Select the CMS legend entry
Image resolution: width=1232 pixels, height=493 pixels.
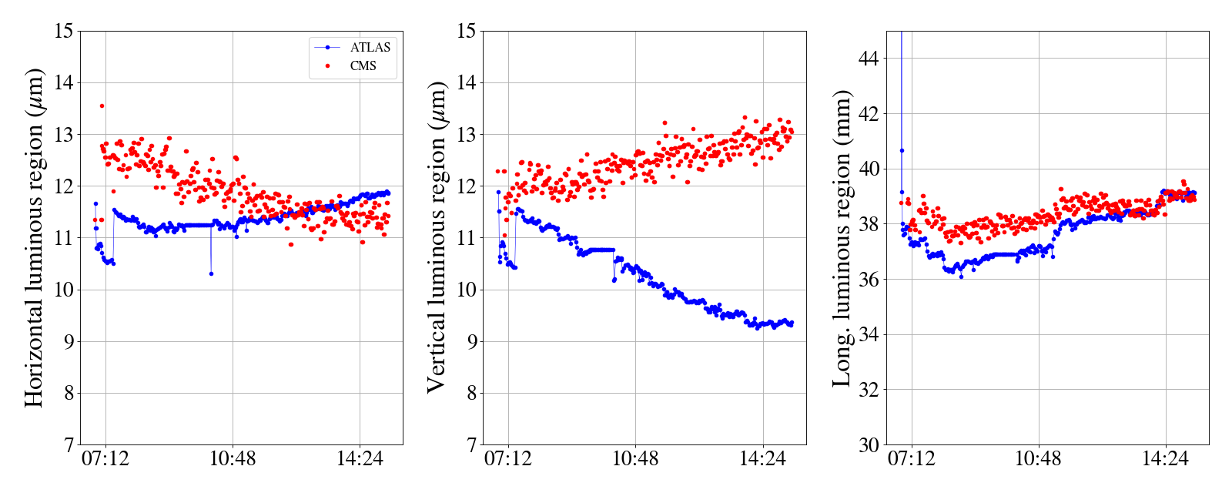[x=363, y=66]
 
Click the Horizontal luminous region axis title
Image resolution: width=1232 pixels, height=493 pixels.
[x=34, y=237]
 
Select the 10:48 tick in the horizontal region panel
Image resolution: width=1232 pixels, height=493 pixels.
[x=233, y=460]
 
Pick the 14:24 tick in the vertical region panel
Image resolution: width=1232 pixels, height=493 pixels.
[x=762, y=460]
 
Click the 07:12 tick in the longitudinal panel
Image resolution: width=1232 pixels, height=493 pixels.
[x=912, y=460]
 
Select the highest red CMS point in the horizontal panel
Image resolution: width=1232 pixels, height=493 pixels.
[x=102, y=106]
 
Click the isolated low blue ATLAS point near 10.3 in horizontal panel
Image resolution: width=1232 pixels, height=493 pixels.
[x=211, y=273]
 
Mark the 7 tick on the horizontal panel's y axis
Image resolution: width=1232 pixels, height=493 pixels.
[x=69, y=445]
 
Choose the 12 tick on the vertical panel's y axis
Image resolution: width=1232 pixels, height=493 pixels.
[x=467, y=186]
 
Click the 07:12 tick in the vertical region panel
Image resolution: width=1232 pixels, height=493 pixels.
[x=508, y=460]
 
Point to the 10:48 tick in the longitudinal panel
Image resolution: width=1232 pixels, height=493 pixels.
[x=1038, y=460]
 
